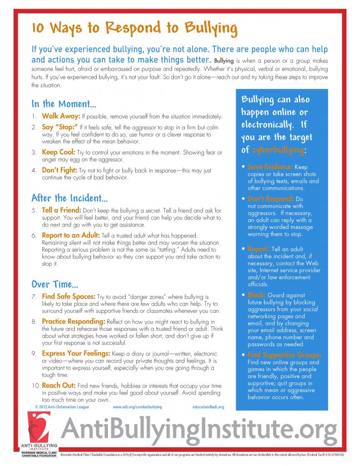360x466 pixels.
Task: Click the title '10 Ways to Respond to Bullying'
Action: (x=134, y=29)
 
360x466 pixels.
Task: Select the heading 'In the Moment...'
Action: (x=63, y=103)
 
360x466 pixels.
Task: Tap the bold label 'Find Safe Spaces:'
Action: (x=68, y=297)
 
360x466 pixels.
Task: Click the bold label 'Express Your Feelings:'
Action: (x=76, y=353)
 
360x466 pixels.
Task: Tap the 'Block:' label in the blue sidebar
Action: (x=257, y=295)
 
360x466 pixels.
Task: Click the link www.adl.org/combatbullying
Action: (x=137, y=407)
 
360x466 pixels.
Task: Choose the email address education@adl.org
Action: (x=205, y=407)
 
